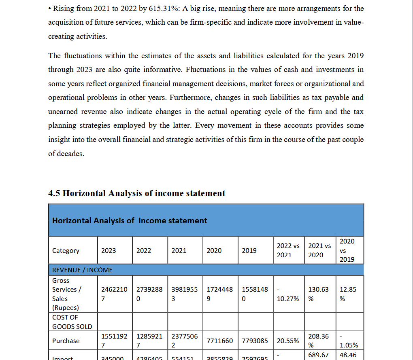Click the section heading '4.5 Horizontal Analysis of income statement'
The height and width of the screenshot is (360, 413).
click(136, 193)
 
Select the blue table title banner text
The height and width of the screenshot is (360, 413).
click(130, 220)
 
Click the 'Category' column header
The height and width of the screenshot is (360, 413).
click(66, 251)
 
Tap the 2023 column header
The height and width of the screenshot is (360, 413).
click(109, 251)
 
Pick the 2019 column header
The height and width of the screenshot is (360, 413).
click(249, 251)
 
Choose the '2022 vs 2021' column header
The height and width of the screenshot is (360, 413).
click(288, 250)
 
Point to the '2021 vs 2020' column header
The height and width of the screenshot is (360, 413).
click(319, 250)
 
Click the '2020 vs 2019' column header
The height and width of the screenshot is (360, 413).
click(347, 250)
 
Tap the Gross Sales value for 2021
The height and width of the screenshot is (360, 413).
click(185, 294)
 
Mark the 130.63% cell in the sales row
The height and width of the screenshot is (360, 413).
click(319, 294)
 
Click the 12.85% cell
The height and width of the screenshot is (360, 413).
click(348, 294)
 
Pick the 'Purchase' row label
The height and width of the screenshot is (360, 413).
click(66, 341)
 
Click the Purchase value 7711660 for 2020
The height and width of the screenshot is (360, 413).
click(220, 341)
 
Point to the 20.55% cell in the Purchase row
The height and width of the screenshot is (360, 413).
click(288, 341)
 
